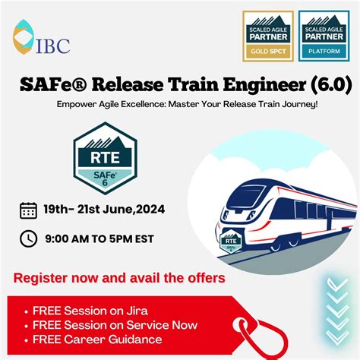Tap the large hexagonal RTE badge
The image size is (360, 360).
coord(105,159)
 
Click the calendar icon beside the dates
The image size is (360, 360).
coord(28,210)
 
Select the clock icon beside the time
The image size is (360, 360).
coord(28,238)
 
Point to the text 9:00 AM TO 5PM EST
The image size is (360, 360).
coord(100,238)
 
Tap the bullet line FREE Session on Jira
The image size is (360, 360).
coord(81,311)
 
